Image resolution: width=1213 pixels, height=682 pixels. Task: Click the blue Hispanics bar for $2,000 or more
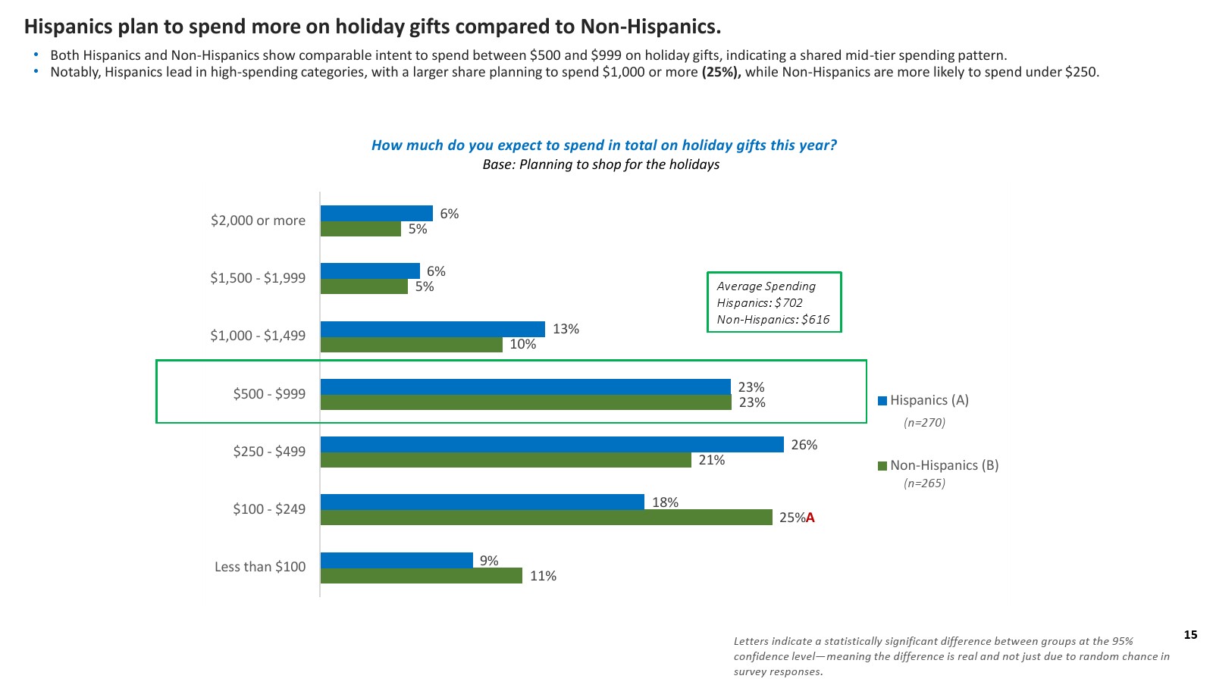point(376,214)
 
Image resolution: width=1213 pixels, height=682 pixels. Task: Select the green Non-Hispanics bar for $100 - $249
point(546,518)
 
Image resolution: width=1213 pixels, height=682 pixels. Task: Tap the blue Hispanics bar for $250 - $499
point(552,445)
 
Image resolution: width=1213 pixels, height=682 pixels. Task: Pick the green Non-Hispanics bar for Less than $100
point(421,576)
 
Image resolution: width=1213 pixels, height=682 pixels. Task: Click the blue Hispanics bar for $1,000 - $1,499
point(432,329)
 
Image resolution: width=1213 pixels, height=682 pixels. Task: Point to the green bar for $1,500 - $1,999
point(364,286)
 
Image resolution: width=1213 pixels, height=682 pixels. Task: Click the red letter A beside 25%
point(810,518)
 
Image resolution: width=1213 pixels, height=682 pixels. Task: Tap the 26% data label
point(804,445)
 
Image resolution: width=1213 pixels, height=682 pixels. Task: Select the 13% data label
point(566,329)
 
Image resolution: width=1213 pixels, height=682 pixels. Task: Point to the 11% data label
point(543,576)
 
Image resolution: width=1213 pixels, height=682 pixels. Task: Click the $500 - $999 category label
point(269,394)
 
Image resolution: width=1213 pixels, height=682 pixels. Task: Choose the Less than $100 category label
point(260,567)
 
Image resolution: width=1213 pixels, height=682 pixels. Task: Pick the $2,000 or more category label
point(258,221)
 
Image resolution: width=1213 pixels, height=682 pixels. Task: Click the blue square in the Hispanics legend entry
point(882,401)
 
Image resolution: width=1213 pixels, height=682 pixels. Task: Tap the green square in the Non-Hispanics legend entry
point(882,466)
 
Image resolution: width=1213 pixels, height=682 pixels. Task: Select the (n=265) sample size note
point(924,483)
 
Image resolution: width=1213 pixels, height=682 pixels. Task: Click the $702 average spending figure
point(788,303)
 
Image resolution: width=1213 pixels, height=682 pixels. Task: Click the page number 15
point(1190,635)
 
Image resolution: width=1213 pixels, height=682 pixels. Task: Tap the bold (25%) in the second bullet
point(721,72)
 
